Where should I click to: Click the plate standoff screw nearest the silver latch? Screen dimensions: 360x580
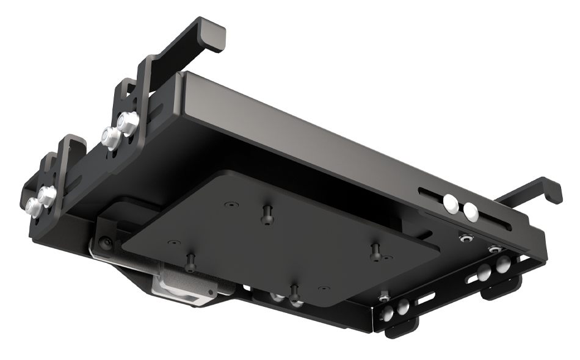coord(190,262)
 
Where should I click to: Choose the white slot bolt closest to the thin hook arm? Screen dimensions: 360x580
coord(471,211)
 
